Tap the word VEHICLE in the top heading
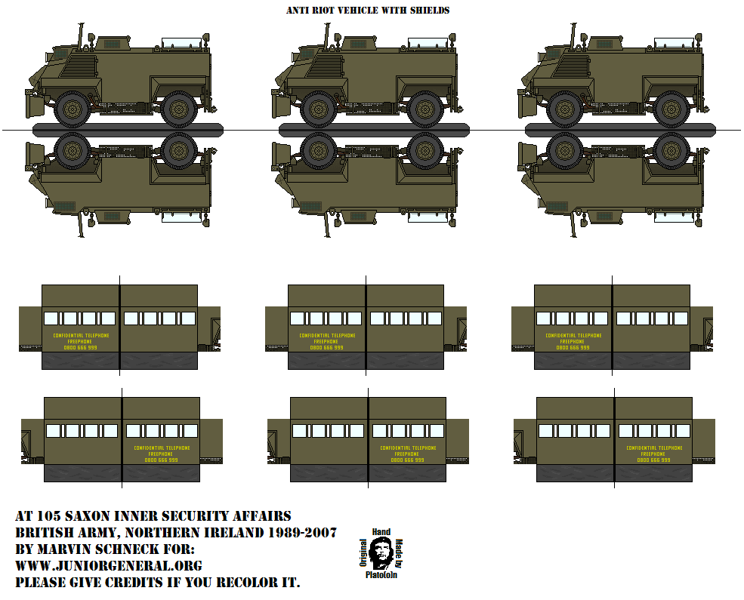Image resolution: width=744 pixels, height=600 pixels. coord(363,11)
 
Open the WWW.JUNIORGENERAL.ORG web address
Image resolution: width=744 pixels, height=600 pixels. coord(109,566)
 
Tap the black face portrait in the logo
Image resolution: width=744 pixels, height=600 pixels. coord(380,554)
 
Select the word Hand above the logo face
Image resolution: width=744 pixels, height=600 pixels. coord(380,532)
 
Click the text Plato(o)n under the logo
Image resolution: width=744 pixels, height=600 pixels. coord(380,575)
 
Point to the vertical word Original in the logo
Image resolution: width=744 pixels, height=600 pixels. coord(363,554)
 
